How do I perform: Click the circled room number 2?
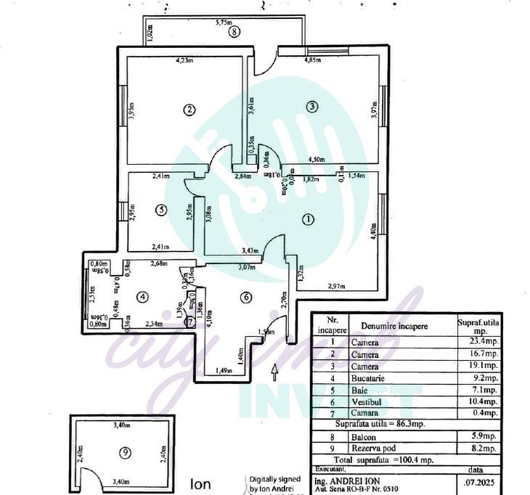tap(189, 110)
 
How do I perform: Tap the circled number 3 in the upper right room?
tap(311, 107)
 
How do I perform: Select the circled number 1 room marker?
tap(308, 218)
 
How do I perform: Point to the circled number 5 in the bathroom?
tap(161, 210)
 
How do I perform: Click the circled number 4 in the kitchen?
tap(142, 296)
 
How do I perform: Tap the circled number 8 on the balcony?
tap(233, 32)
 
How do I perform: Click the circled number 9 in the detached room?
tap(126, 452)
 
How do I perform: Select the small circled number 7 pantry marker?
tap(190, 322)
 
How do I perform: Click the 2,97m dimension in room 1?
tap(336, 285)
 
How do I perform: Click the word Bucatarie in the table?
tap(369, 378)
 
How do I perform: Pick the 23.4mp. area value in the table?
tap(479, 343)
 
